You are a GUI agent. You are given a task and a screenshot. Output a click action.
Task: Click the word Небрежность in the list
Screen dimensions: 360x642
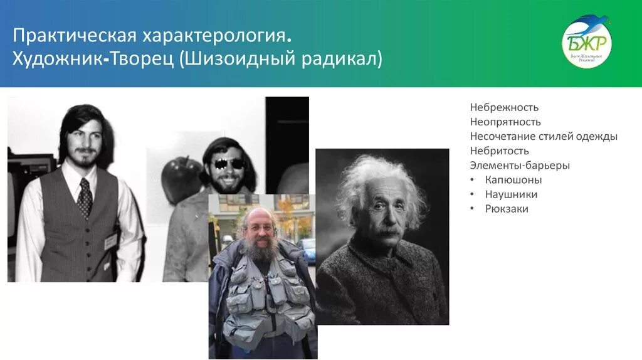point(504,107)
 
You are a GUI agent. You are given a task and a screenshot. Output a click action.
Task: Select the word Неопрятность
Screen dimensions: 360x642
point(505,122)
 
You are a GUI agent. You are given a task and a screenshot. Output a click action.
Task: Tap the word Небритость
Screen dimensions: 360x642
point(500,151)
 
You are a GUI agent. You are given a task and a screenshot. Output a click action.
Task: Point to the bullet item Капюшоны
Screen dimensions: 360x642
point(513,180)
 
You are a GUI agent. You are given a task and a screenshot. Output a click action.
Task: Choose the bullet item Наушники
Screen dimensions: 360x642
point(511,194)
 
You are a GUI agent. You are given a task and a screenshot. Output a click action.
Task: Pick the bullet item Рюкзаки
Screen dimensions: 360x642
point(507,209)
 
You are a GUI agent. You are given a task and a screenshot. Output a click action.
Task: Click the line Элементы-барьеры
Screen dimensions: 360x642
point(520,166)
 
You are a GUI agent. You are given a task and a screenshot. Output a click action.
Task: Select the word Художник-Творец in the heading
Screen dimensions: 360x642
point(93,60)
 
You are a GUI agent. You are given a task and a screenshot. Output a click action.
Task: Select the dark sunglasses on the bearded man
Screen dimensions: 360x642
point(226,164)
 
